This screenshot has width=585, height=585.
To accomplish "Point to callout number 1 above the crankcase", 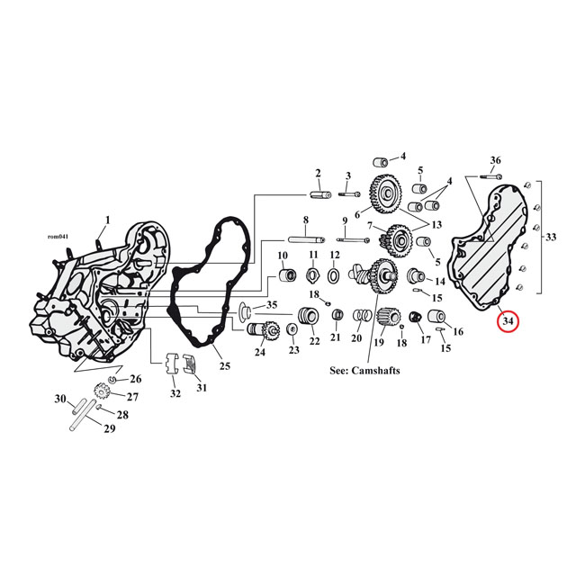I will [x=108, y=220].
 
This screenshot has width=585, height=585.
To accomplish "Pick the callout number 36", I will [x=495, y=160].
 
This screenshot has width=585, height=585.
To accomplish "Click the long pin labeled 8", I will [x=307, y=239].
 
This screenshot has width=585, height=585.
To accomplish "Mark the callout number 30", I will [x=61, y=400].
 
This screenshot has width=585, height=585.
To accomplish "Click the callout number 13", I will [x=436, y=225].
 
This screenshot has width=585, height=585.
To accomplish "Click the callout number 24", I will [x=259, y=352].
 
